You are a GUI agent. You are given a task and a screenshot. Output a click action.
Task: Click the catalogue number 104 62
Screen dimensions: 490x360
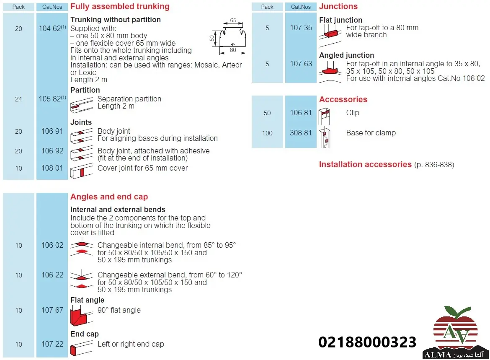click(50, 28)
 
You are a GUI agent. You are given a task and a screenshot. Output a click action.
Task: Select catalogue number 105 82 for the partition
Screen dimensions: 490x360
click(50, 99)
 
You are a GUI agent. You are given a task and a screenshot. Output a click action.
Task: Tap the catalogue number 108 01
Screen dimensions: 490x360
click(52, 168)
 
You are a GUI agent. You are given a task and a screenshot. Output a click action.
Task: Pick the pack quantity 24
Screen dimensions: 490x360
click(18, 99)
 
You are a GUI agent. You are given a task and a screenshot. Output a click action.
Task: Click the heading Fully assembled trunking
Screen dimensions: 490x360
click(120, 7)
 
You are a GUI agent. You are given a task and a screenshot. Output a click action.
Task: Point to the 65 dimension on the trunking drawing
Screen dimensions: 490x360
click(233, 20)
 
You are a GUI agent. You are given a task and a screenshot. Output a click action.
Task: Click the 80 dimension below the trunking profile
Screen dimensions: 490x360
click(233, 50)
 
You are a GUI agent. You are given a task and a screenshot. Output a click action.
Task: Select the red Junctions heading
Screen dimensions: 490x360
click(338, 7)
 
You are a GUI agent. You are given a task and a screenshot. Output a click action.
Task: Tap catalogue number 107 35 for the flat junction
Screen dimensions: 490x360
click(301, 28)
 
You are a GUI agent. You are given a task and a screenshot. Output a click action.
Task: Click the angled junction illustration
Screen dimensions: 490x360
click(330, 71)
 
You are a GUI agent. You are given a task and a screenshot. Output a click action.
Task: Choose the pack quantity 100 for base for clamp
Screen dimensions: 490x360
click(267, 133)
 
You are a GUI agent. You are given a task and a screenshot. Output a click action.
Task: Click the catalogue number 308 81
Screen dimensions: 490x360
click(301, 133)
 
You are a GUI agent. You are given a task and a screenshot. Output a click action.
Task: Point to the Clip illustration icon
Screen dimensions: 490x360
click(325, 117)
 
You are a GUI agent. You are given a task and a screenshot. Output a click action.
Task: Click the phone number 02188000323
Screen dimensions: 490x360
click(367, 342)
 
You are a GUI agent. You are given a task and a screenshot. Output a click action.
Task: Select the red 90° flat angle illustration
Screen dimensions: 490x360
click(81, 316)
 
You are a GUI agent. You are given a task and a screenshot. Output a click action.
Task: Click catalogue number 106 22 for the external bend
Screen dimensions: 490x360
click(52, 275)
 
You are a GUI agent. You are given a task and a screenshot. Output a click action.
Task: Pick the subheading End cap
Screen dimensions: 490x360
click(84, 334)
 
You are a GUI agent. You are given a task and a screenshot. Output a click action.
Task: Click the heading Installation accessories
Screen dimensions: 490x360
click(365, 165)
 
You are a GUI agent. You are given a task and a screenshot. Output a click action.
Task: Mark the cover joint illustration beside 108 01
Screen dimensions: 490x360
click(81, 171)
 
